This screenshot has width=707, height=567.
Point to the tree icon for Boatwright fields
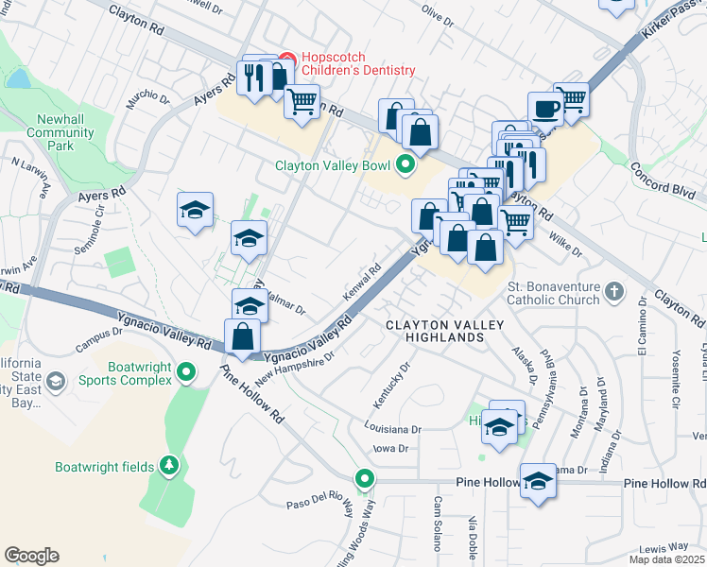(169, 465)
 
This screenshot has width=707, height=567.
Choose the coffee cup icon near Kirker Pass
(544, 109)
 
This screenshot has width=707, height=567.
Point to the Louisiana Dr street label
(391, 428)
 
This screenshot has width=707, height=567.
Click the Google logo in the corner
(31, 556)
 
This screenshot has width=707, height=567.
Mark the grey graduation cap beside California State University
(56, 381)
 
